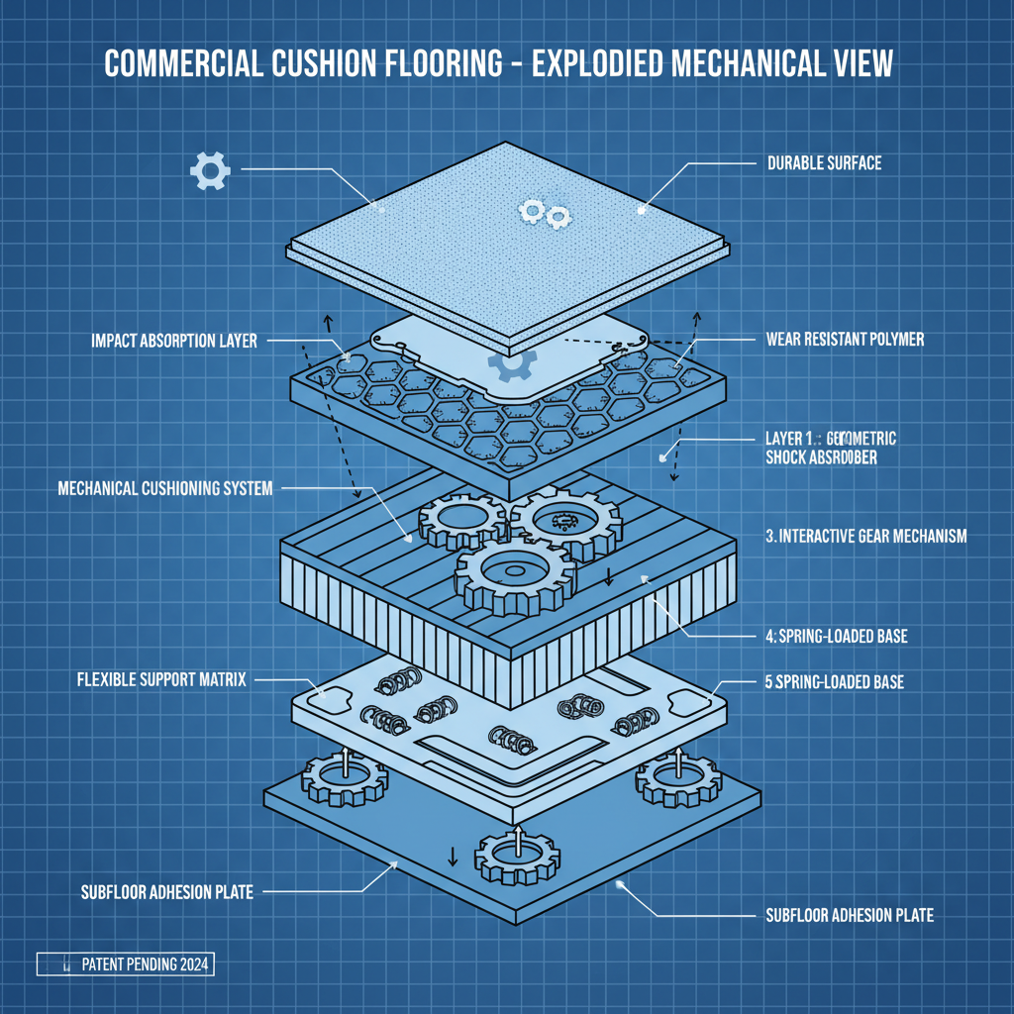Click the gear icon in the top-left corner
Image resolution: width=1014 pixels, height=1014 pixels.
tap(209, 170)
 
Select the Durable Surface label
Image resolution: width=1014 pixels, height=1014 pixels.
tap(824, 162)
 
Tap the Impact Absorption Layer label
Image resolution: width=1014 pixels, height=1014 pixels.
tap(174, 341)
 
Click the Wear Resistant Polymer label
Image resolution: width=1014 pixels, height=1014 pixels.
tap(845, 339)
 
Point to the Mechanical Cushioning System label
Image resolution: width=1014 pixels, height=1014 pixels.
tap(165, 488)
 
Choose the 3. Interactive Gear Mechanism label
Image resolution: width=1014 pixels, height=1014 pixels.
tap(865, 536)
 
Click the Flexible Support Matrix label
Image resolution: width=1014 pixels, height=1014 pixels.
tap(161, 680)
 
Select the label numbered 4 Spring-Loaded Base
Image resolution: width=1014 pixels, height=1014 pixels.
tap(837, 637)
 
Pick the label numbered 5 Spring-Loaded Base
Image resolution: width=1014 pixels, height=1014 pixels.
tap(835, 682)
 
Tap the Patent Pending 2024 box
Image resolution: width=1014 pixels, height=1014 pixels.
tap(125, 963)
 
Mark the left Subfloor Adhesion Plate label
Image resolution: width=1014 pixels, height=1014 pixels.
tap(166, 892)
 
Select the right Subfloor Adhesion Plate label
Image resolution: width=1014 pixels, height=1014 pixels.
tap(850, 915)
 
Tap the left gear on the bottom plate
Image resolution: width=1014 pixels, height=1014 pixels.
tap(345, 778)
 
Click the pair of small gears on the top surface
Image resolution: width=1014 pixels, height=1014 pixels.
tap(545, 212)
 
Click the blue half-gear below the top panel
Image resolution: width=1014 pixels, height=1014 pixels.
tap(512, 366)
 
